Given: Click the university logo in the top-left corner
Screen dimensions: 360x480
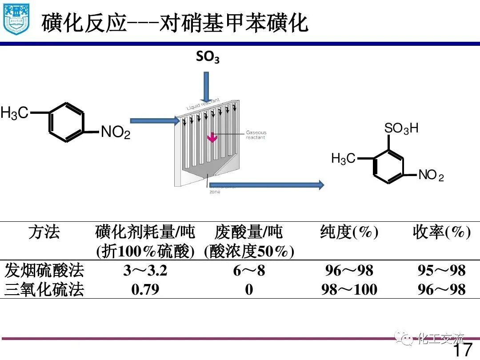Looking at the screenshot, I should (16, 19).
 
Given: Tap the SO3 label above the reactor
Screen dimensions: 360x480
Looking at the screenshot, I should (208, 57).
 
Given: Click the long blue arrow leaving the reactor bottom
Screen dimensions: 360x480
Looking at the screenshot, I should (267, 185).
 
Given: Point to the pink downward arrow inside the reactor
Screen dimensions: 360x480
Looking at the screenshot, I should (213, 138).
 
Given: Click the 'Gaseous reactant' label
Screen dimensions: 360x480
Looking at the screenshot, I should (256, 135).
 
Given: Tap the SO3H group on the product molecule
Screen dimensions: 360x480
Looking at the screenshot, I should (401, 129).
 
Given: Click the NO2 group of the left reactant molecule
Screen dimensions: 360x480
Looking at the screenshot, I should (116, 132).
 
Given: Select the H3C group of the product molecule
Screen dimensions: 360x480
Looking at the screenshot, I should (343, 158).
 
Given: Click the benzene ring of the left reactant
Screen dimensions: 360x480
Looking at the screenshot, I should (66, 122).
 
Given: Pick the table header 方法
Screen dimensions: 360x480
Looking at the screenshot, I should (44, 232).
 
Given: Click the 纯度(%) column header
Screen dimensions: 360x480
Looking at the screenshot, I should (349, 232).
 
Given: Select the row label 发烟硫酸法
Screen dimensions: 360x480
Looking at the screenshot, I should (44, 270).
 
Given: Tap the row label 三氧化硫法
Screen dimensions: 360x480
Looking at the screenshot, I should (44, 290).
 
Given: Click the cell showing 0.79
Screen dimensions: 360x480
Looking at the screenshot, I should (145, 289).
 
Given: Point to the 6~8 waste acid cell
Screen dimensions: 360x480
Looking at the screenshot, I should (249, 270).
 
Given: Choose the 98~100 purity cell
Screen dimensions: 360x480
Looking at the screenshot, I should (349, 290).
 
